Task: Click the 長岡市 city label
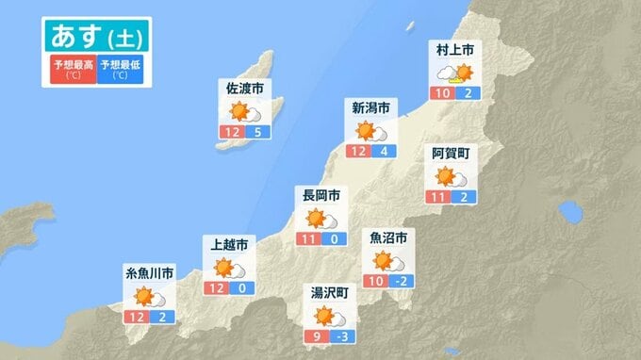coord(320,197)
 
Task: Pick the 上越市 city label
coord(231,245)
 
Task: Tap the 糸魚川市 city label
coord(150,273)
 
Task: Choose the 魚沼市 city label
coord(388,237)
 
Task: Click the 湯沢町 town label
coord(330,293)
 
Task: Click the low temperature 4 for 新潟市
coord(385,151)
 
